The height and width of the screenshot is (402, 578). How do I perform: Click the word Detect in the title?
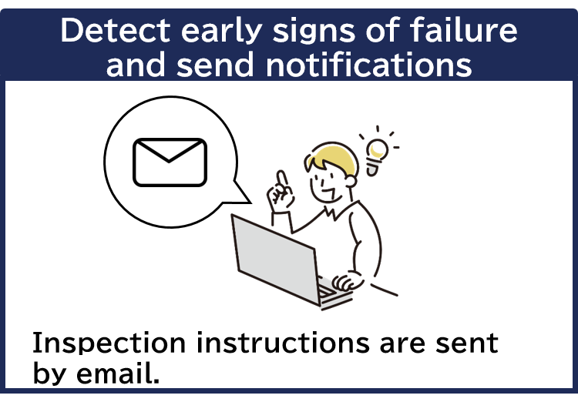(x=112, y=31)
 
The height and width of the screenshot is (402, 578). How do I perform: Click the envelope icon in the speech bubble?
(x=170, y=162)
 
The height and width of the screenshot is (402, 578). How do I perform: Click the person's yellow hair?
(x=332, y=158)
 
